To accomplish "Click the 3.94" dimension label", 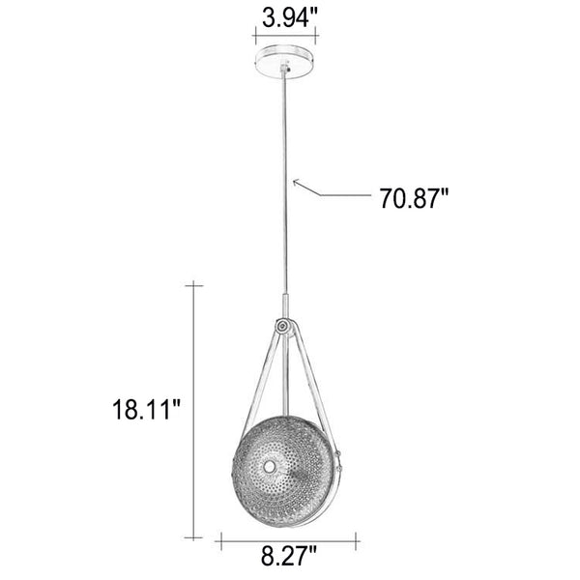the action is pos(290,17).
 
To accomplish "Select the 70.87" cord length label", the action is pos(415,198).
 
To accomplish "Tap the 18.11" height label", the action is pos(146,409).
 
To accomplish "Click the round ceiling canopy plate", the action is pos(285,62).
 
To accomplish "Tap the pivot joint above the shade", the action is pos(283,327).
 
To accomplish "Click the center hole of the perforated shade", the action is pos(270,467).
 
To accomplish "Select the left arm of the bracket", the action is pos(259,381).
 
